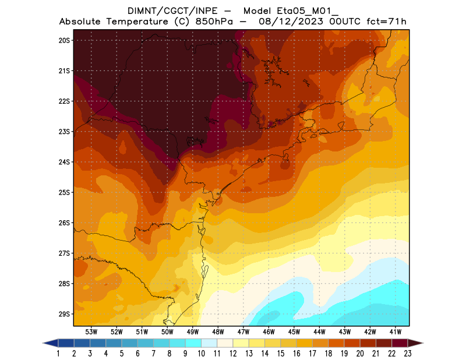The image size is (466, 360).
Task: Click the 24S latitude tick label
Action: point(64,162)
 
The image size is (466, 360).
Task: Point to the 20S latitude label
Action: point(64,40)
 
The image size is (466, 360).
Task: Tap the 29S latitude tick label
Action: point(64,314)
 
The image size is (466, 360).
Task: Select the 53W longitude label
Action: point(91,331)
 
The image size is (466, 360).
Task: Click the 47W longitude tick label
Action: point(243,331)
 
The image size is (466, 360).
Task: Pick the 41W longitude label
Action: point(396,331)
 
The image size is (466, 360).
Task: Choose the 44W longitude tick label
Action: point(320,331)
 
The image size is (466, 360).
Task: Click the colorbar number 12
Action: point(233,353)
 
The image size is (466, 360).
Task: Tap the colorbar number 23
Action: point(407,353)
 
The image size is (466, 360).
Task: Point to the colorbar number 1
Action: point(59,353)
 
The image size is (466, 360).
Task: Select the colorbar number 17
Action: point(312,353)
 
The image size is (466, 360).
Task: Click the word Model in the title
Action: point(257,10)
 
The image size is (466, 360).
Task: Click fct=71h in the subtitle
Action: point(386,22)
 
